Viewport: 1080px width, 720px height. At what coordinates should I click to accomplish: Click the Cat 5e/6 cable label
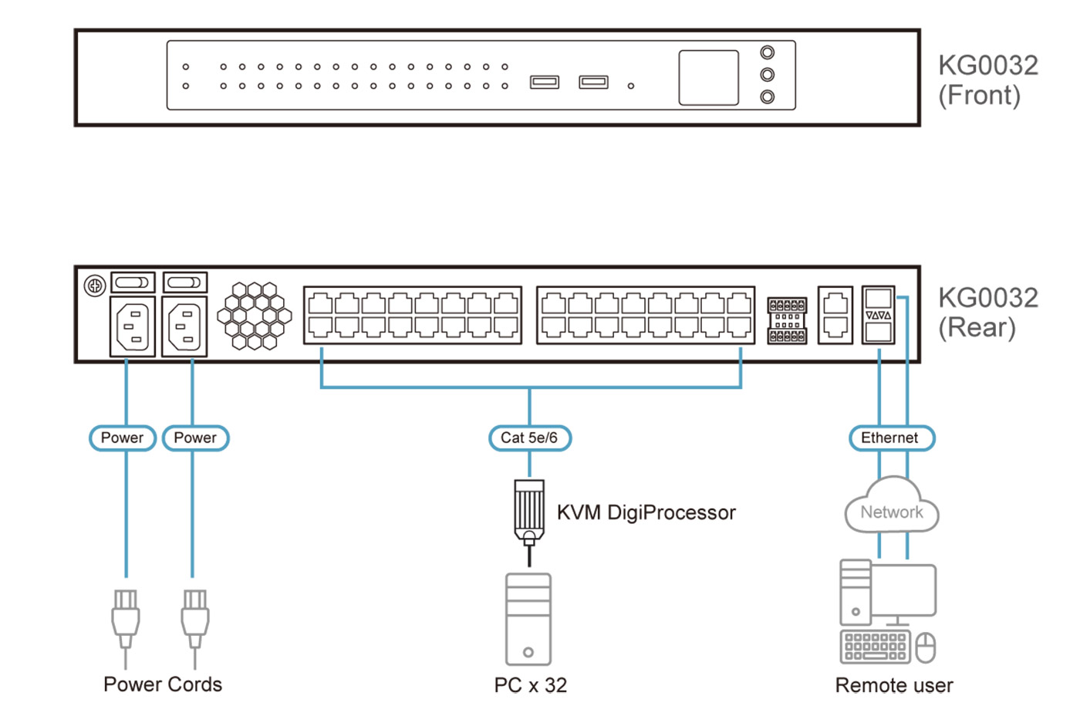530,438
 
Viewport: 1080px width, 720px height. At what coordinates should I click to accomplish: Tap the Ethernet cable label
891,438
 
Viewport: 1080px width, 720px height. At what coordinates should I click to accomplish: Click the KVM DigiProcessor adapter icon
529,511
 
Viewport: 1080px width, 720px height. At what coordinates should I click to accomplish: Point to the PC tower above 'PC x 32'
528,619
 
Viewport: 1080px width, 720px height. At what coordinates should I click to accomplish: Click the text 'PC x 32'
531,685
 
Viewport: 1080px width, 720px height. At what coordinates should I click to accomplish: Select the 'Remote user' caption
894,685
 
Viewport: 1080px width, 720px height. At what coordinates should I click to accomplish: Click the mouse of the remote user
926,647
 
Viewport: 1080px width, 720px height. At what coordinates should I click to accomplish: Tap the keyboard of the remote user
875,647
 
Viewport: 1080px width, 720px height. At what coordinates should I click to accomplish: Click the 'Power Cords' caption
163,685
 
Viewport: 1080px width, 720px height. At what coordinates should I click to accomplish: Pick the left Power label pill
123,438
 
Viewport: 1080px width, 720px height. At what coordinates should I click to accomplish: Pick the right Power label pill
195,438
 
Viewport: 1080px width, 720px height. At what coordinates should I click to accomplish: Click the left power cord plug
126,617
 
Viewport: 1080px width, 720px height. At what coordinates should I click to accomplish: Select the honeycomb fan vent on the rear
255,316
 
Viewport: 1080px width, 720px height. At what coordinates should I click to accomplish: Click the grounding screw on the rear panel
94,286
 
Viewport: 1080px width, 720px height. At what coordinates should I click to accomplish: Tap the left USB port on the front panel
544,82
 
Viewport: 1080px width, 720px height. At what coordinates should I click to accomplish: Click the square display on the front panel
708,77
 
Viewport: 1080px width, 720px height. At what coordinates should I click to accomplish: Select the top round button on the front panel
767,52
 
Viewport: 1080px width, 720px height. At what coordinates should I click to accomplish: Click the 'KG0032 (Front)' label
987,80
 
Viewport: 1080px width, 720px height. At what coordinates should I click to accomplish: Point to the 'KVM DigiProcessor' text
646,512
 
